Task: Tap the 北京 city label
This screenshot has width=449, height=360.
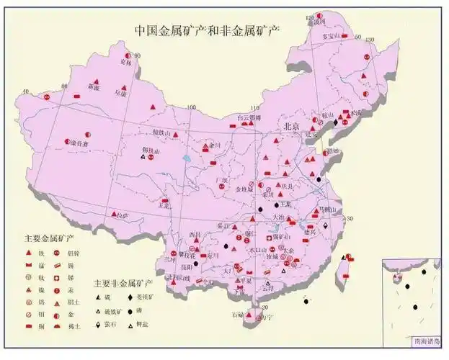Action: (x=291, y=126)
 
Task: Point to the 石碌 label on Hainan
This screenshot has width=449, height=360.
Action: (x=237, y=315)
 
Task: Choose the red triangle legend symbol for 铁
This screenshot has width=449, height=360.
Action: (x=28, y=252)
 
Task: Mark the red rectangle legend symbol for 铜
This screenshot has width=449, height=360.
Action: (x=28, y=327)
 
